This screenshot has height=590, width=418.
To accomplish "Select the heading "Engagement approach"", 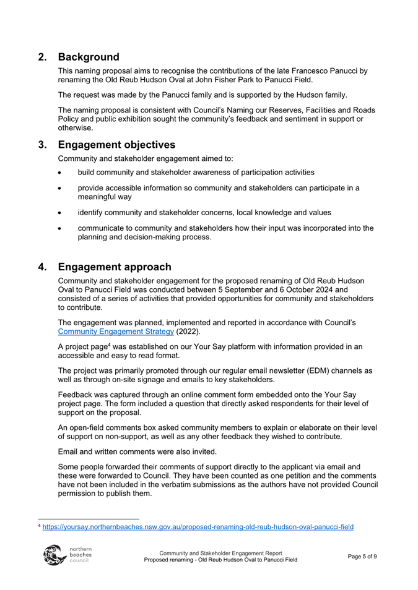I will (x=115, y=267).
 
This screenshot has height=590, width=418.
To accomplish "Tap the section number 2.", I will (x=43, y=58).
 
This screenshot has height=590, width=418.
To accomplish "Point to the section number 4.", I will (x=43, y=267).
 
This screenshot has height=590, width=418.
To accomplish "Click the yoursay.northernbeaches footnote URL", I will (x=198, y=527).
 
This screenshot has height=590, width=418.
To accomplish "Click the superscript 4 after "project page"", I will (x=103, y=345).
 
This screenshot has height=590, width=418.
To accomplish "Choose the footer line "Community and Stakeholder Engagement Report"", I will (x=220, y=552).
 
